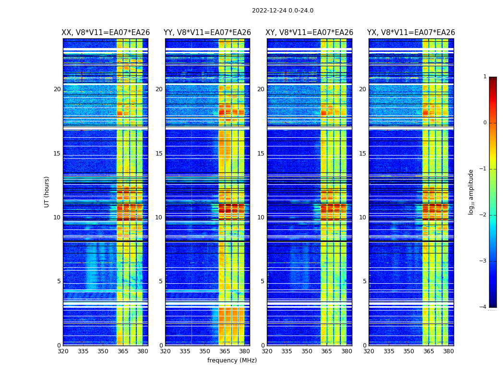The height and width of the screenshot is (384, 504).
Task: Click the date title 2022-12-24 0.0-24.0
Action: (282, 11)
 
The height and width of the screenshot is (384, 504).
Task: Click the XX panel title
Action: (106, 33)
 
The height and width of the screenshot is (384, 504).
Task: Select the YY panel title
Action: (207, 33)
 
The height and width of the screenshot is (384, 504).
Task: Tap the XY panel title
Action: (310, 33)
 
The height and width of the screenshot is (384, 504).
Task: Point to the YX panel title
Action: (411, 33)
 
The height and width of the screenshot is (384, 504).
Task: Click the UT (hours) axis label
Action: (47, 192)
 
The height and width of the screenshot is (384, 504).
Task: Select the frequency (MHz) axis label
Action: (232, 360)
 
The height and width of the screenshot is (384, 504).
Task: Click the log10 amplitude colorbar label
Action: (471, 192)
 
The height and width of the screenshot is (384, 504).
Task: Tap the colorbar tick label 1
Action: (484, 77)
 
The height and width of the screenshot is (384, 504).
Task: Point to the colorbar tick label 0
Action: (484, 123)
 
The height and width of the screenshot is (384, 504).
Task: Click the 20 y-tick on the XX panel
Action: (57, 89)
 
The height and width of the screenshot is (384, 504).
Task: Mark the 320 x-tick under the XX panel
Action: (63, 351)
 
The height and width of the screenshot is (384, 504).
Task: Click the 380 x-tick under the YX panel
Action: (448, 351)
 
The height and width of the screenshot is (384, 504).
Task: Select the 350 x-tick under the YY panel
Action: (205, 351)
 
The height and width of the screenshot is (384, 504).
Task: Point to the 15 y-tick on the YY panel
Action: (159, 154)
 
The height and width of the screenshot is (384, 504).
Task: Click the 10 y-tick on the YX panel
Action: (362, 217)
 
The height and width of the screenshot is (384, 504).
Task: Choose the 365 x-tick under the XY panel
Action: (326, 351)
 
